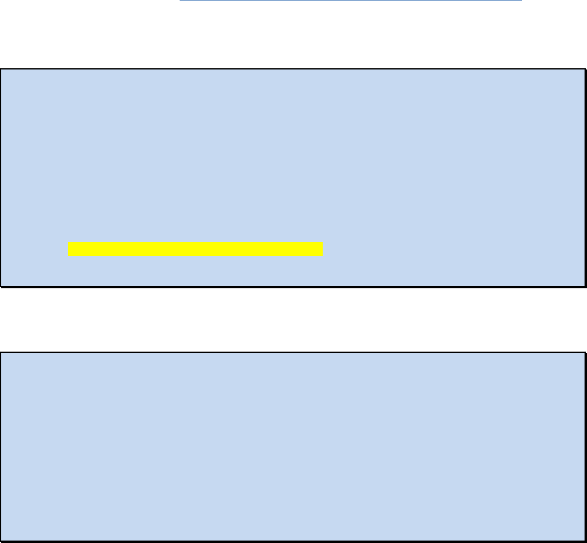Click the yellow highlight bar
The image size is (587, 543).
point(195,249)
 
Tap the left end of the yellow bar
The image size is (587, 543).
point(69,249)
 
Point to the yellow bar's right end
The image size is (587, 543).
point(322,249)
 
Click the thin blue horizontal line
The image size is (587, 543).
point(351,1)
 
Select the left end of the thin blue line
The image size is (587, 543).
point(180,1)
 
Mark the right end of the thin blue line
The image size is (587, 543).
point(522,1)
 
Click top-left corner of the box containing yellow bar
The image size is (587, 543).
point(1,69)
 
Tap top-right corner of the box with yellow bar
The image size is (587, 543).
point(585,69)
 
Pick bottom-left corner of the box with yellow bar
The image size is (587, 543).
point(1,285)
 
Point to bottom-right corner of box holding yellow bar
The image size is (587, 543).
point(585,285)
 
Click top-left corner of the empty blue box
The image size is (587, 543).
point(1,352)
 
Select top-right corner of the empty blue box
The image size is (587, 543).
point(585,352)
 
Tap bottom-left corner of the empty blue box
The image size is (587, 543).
point(1,541)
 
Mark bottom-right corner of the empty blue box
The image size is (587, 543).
point(585,541)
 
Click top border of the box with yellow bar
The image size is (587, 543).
point(292,69)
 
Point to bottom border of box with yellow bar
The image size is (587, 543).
point(292,285)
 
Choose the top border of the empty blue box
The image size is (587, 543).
point(292,352)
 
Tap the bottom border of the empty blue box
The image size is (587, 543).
point(292,541)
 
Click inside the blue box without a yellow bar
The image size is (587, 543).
point(292,446)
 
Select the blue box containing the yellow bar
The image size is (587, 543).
point(292,152)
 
